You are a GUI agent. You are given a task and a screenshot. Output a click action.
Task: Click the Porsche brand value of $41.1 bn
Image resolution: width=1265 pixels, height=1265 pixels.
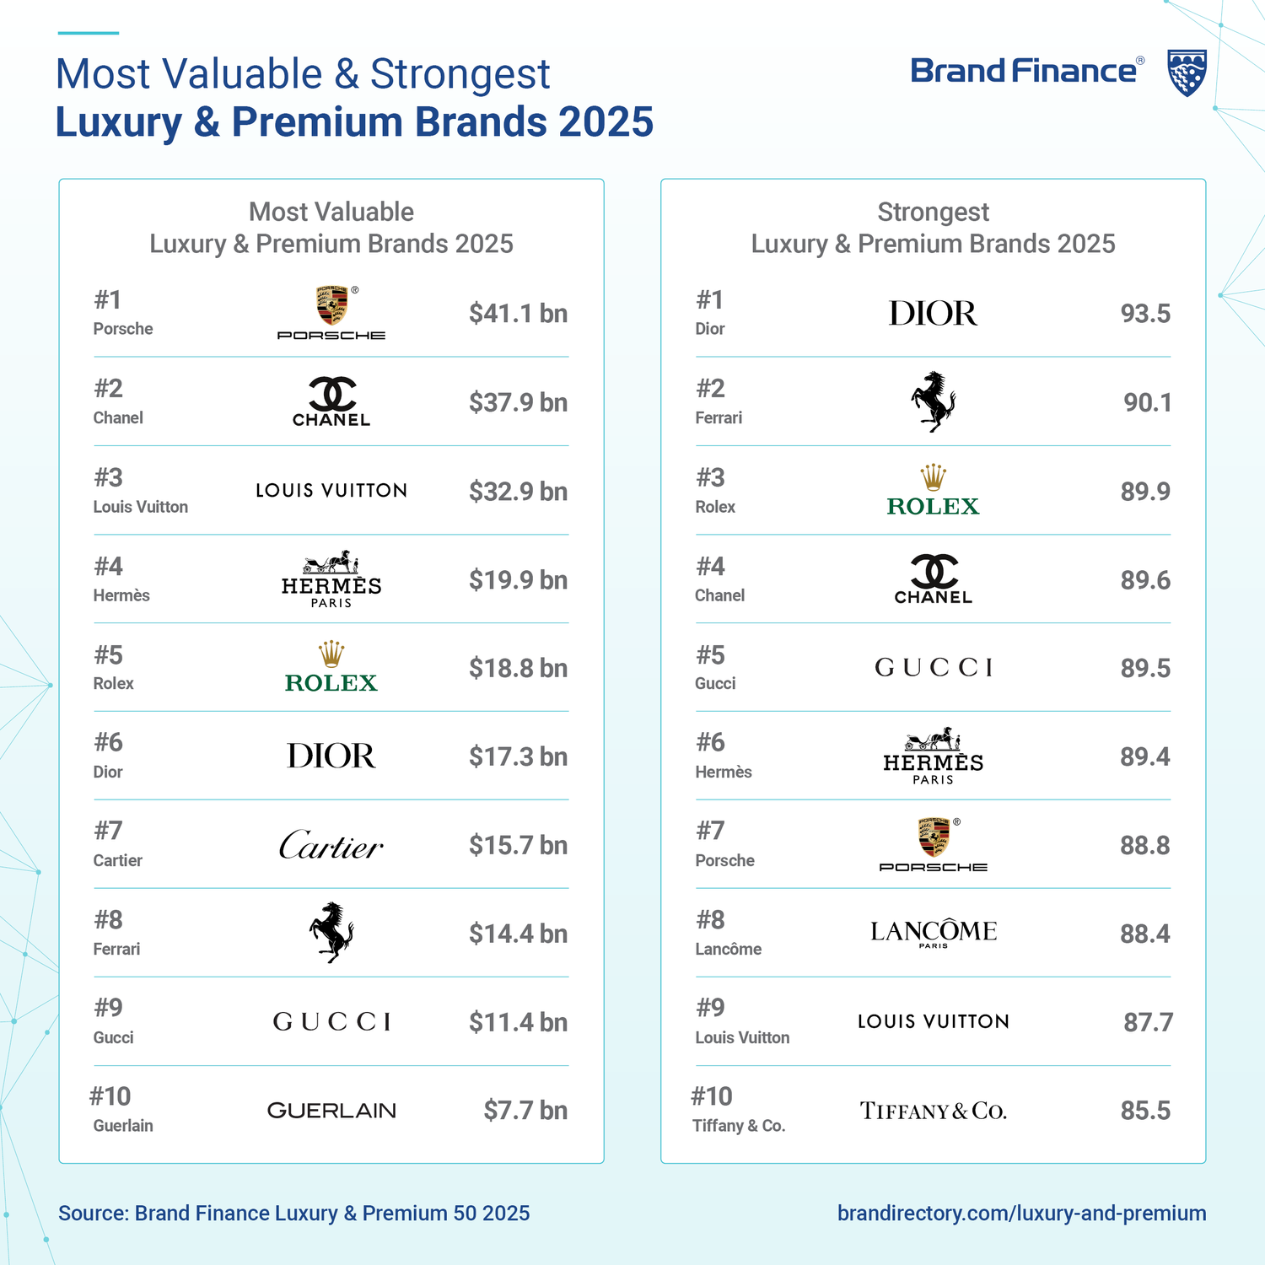pos(518,314)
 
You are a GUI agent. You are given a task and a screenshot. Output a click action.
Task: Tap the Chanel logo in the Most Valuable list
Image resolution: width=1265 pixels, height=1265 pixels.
pos(331,401)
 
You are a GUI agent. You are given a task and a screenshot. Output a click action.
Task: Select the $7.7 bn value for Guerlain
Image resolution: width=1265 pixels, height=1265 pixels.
pos(525,1111)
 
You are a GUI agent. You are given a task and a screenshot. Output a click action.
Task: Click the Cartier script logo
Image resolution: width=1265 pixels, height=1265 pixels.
pos(331,845)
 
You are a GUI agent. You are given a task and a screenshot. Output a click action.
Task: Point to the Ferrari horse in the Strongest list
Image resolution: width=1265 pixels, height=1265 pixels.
pos(933,401)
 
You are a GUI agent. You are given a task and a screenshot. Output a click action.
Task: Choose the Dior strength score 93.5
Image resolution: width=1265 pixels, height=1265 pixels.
pos(1144,314)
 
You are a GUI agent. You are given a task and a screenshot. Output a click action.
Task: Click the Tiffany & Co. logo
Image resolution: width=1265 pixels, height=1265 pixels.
pos(933,1111)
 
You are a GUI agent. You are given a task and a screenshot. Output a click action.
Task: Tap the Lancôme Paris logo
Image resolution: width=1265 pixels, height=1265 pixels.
pos(933,933)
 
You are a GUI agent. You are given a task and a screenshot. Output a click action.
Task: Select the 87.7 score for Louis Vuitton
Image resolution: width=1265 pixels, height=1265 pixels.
pos(1147,1022)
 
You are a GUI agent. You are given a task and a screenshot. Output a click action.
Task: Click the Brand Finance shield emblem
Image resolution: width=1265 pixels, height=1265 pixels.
pos(1187,73)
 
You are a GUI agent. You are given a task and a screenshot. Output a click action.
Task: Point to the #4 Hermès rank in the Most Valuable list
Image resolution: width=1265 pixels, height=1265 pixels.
pos(109,567)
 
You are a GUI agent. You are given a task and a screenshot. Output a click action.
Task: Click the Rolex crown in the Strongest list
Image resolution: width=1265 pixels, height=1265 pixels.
pos(933,477)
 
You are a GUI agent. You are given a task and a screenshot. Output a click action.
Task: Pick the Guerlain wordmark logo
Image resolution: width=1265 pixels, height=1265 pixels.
pos(331,1111)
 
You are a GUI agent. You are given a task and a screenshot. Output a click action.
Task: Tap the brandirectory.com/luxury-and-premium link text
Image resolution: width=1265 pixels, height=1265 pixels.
pos(1021,1213)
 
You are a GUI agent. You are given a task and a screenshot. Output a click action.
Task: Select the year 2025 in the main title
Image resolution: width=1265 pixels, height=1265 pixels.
pos(606,121)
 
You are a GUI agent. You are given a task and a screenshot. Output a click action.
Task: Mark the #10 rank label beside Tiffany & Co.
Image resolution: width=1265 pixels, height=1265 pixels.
pos(712,1096)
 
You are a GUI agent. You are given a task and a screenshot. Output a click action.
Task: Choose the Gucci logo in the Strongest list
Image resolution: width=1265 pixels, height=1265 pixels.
pos(933,668)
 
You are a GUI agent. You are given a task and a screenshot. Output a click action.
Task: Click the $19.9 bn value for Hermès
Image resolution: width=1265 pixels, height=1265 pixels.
pos(518,580)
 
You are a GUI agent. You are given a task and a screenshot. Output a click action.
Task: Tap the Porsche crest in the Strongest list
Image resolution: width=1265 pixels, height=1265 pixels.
pos(933,837)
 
